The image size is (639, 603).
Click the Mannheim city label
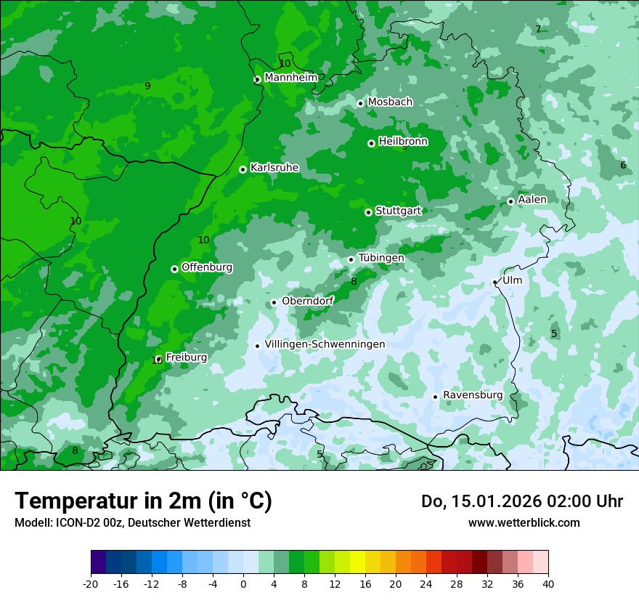(291, 77)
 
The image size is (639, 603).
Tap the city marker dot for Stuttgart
(368, 212)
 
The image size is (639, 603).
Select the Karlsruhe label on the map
(274, 167)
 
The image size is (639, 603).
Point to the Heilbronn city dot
(371, 143)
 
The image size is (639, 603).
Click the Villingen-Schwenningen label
(325, 344)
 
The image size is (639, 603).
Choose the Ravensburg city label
(473, 394)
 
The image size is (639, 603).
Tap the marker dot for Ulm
(494, 283)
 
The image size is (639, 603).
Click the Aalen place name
(532, 199)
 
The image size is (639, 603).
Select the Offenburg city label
(207, 267)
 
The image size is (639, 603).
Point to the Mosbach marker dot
(360, 104)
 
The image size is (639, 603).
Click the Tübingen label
(381, 257)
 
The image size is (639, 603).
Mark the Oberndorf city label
(308, 301)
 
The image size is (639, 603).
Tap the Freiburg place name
(187, 357)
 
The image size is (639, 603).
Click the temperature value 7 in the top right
(538, 29)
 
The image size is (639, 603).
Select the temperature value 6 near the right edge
(623, 165)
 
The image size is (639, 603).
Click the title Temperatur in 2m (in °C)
(143, 501)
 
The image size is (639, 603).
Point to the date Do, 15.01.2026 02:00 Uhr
(521, 501)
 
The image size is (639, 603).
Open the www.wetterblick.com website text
(524, 522)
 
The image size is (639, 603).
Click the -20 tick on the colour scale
(90, 583)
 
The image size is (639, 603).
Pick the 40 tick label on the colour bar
(548, 583)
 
